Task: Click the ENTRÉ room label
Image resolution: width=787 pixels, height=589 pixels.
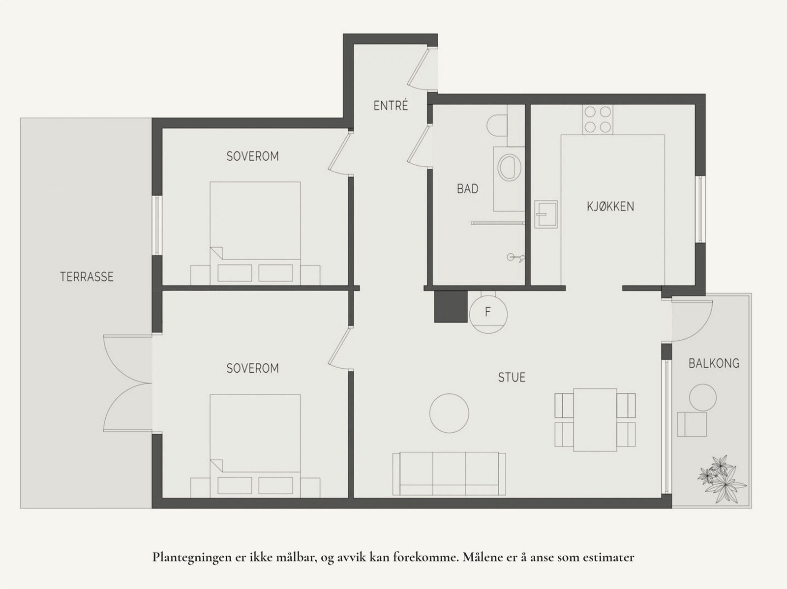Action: (x=391, y=106)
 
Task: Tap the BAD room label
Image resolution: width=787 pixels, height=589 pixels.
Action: (x=467, y=189)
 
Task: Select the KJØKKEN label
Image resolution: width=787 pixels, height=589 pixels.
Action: (x=610, y=206)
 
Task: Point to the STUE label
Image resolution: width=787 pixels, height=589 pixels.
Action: (x=512, y=378)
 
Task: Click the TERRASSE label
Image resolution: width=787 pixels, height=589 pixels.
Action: (x=87, y=277)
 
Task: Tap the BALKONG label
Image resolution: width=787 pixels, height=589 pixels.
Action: (x=714, y=364)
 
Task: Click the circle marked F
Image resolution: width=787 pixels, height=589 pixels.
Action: (x=487, y=312)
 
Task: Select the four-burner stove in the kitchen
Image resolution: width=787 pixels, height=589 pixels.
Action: (x=597, y=119)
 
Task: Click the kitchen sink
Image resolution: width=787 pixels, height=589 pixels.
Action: (x=546, y=214)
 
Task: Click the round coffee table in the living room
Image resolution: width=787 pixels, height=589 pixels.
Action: (x=449, y=413)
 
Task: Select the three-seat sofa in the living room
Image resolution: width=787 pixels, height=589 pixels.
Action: (x=449, y=474)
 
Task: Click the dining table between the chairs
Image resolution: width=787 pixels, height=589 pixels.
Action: (x=595, y=419)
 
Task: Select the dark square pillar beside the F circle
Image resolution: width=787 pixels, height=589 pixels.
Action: (x=450, y=306)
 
